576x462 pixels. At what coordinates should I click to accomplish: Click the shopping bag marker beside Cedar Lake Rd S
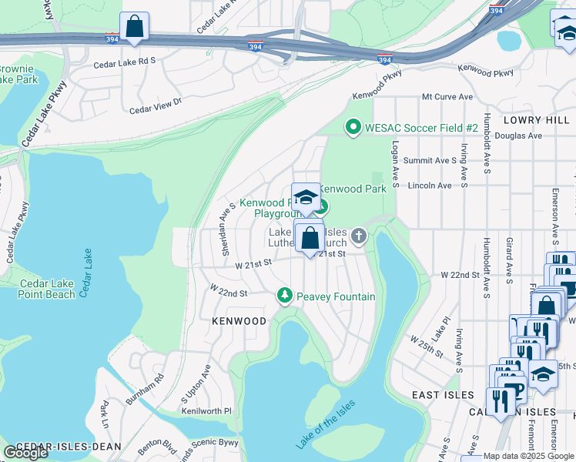(135, 25)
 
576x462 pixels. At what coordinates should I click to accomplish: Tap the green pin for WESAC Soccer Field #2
(353, 126)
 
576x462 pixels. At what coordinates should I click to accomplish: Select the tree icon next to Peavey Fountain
(285, 296)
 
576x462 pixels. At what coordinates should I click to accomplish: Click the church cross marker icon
(358, 235)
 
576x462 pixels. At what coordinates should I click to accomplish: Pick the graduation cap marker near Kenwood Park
(306, 198)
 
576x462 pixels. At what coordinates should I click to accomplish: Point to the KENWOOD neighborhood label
(239, 320)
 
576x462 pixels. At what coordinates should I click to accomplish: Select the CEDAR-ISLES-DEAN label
(59, 447)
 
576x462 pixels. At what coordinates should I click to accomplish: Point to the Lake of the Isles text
(326, 424)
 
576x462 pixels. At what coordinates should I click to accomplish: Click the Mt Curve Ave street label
(447, 97)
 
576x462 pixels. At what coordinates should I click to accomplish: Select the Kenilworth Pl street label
(206, 412)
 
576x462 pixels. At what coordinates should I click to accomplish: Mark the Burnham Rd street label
(146, 389)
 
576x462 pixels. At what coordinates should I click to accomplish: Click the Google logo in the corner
(25, 452)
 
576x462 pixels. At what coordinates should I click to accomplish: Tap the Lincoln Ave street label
(430, 186)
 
